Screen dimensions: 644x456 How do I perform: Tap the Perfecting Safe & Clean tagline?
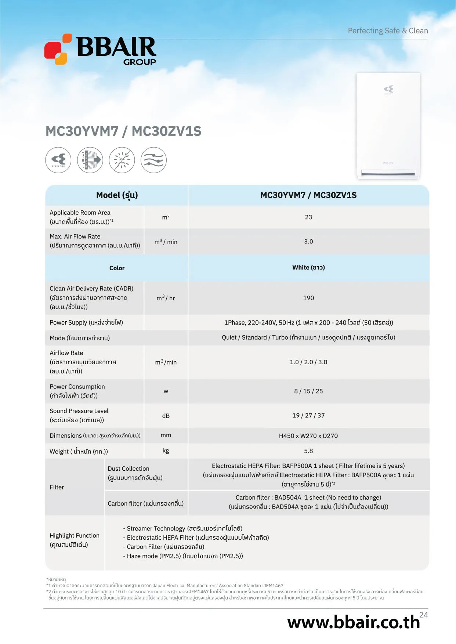tap(388, 31)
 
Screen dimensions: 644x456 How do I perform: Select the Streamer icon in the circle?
tap(58, 160)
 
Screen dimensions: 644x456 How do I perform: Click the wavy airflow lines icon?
tap(154, 160)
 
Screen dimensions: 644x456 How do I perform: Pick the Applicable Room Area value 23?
tap(308, 217)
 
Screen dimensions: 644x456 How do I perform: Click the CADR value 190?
tap(308, 298)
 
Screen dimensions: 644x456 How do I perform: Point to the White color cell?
tap(308, 268)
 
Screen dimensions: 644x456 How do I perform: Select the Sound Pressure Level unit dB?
tap(166, 416)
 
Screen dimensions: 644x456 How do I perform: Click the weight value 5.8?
tap(308, 451)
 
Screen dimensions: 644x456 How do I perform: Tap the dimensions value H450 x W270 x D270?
tap(308, 436)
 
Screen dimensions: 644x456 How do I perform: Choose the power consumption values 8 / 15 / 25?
tap(308, 391)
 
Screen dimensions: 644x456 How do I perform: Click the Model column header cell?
tap(117, 195)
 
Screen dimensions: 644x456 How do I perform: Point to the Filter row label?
tap(57, 487)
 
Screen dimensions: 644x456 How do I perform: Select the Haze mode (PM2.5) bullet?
tap(183, 556)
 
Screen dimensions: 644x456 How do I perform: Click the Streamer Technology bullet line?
tap(182, 528)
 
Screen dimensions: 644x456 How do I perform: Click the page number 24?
tap(424, 615)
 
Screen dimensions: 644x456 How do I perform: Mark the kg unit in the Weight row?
tap(166, 451)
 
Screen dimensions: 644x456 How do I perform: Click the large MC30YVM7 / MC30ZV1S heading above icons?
tap(123, 131)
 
